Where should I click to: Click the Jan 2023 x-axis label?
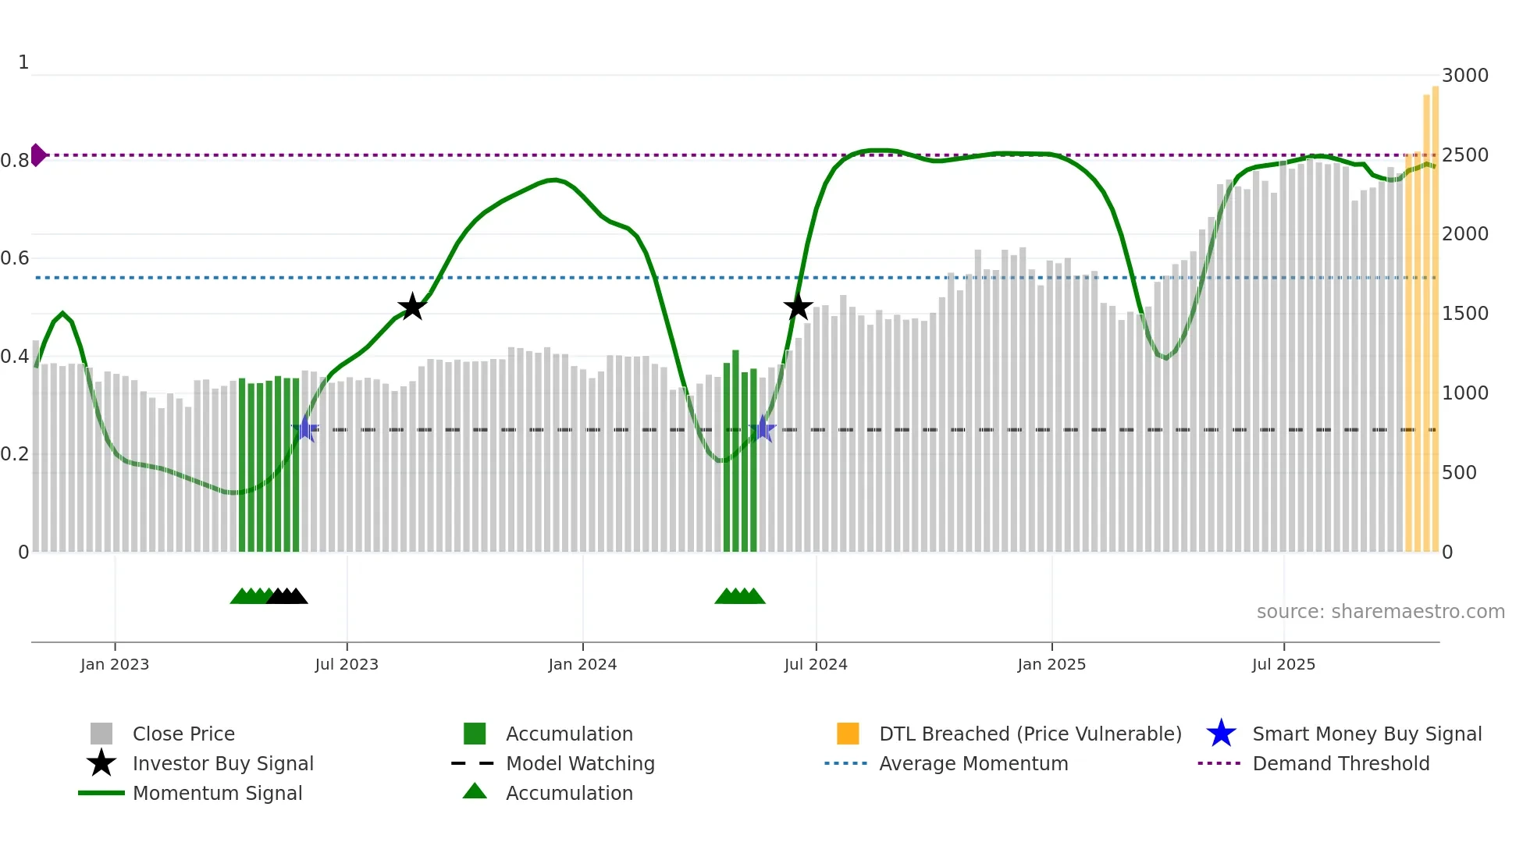pos(114,664)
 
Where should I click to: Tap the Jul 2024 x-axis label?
pos(816,664)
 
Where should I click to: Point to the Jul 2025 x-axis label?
pos(1283,664)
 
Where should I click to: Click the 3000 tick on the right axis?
pos(1465,76)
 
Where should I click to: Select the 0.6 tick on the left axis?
pos(16,258)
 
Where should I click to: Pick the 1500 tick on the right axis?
pos(1465,314)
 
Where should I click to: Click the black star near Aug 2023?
pos(412,307)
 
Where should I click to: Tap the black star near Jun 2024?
pos(798,307)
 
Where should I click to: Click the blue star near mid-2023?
pos(305,429)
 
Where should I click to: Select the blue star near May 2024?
pos(762,429)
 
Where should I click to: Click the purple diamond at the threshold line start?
pos(37,155)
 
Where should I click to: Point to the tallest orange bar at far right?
pos(1435,312)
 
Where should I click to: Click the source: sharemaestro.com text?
pos(1380,612)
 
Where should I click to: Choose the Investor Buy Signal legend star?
pos(101,763)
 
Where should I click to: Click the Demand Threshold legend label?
pos(1340,763)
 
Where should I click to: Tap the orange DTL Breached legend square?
pos(848,734)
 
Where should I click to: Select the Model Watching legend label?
pos(580,763)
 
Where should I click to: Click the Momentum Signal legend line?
pos(101,793)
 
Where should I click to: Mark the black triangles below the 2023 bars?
pos(286,597)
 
